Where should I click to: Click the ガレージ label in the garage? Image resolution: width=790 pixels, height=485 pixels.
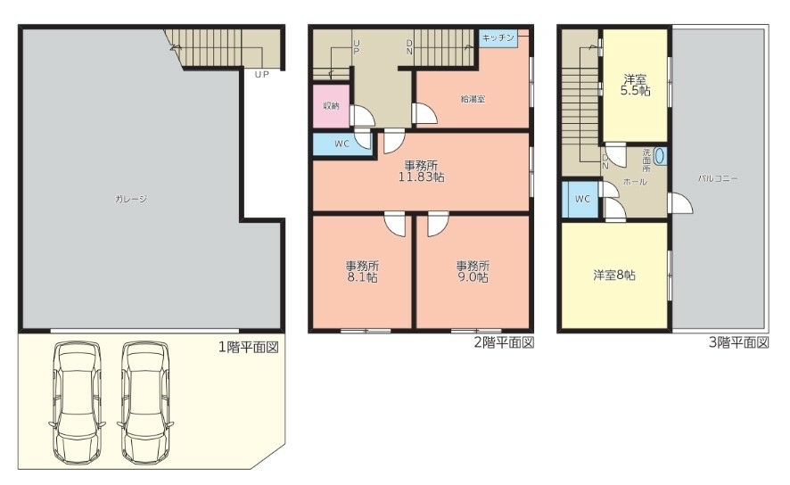[131, 199]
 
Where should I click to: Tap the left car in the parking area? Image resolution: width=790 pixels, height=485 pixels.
[77, 403]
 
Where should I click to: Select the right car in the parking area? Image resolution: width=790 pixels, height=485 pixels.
[145, 403]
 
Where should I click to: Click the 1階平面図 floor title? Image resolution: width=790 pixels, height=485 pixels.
[249, 347]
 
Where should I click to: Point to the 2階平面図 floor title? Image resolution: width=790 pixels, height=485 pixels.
[504, 343]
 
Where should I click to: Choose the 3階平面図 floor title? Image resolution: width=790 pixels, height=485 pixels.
[739, 343]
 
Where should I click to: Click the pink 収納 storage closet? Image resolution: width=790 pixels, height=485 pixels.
[331, 106]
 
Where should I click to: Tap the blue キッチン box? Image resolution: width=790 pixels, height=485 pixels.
[498, 38]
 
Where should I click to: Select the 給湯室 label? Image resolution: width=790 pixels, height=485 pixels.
[473, 99]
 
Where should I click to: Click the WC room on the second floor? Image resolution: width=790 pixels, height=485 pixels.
[342, 144]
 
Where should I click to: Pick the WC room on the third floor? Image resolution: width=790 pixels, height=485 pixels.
[580, 199]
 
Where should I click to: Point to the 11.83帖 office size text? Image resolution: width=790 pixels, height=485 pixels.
[422, 177]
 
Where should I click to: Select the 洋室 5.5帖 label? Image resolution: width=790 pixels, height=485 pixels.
[635, 85]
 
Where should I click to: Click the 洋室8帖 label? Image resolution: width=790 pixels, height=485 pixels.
[614, 275]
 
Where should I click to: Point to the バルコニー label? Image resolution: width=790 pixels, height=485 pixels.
[719, 178]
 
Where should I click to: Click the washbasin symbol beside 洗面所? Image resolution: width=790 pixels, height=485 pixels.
[661, 156]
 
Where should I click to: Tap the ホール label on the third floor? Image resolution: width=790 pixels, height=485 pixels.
[635, 182]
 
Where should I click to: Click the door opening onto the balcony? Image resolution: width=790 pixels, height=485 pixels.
[680, 203]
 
